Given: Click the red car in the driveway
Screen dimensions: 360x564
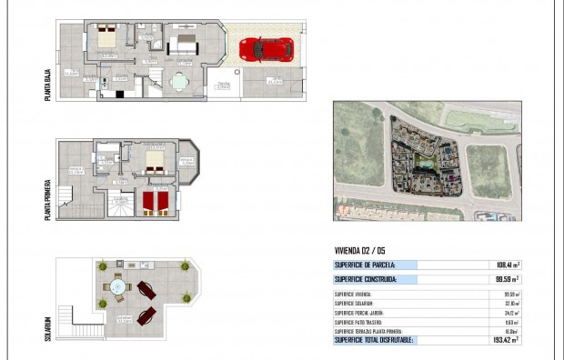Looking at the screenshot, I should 267,49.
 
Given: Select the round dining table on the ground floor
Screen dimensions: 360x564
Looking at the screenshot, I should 177,84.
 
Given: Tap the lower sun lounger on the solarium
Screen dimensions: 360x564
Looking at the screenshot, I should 146,316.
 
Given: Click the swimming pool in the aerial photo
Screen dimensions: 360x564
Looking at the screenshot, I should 423,165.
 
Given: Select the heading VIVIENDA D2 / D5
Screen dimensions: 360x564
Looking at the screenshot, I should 362,251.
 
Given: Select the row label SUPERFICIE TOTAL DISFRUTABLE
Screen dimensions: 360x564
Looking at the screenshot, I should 374,339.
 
